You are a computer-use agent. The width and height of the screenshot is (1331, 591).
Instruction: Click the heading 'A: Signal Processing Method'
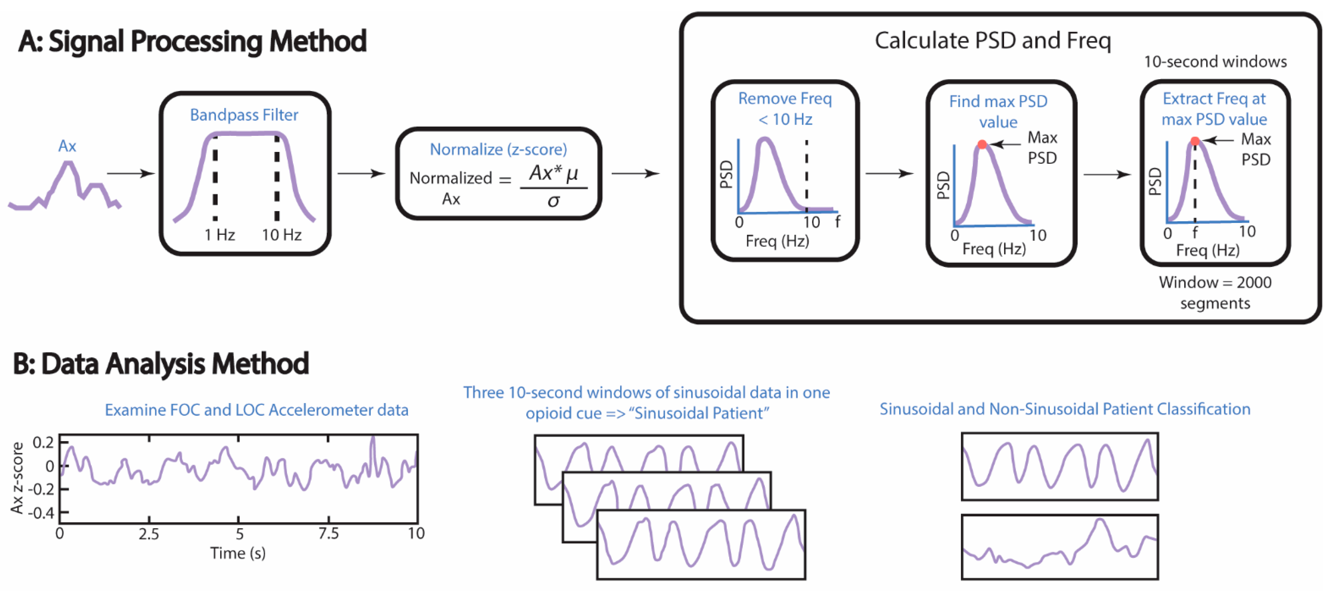[192, 41]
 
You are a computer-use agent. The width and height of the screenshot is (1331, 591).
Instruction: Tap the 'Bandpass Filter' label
[244, 115]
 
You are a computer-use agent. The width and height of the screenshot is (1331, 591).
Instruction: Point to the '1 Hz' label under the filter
[220, 235]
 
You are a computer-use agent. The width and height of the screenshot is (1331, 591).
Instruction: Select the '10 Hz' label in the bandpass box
[282, 235]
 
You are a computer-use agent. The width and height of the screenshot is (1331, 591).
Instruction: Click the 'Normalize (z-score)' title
[498, 149]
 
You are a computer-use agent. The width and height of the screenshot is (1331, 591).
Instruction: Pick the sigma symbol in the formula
[553, 201]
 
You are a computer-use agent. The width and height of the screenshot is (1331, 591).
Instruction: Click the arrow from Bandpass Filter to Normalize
[362, 174]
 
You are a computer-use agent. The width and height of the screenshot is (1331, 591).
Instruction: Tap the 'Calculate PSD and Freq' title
[993, 40]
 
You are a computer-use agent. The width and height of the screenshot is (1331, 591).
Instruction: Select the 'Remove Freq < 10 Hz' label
[785, 109]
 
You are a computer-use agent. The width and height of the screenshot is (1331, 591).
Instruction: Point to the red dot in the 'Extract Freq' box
[1195, 141]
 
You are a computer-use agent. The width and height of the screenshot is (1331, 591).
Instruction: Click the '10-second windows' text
[1215, 62]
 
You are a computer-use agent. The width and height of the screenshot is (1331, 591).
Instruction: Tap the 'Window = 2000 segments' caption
[1215, 292]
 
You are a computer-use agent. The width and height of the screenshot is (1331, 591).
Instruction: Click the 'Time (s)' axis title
[238, 553]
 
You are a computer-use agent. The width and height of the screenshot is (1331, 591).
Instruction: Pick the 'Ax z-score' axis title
[18, 478]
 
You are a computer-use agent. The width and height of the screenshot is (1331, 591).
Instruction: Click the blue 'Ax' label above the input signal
[67, 146]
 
